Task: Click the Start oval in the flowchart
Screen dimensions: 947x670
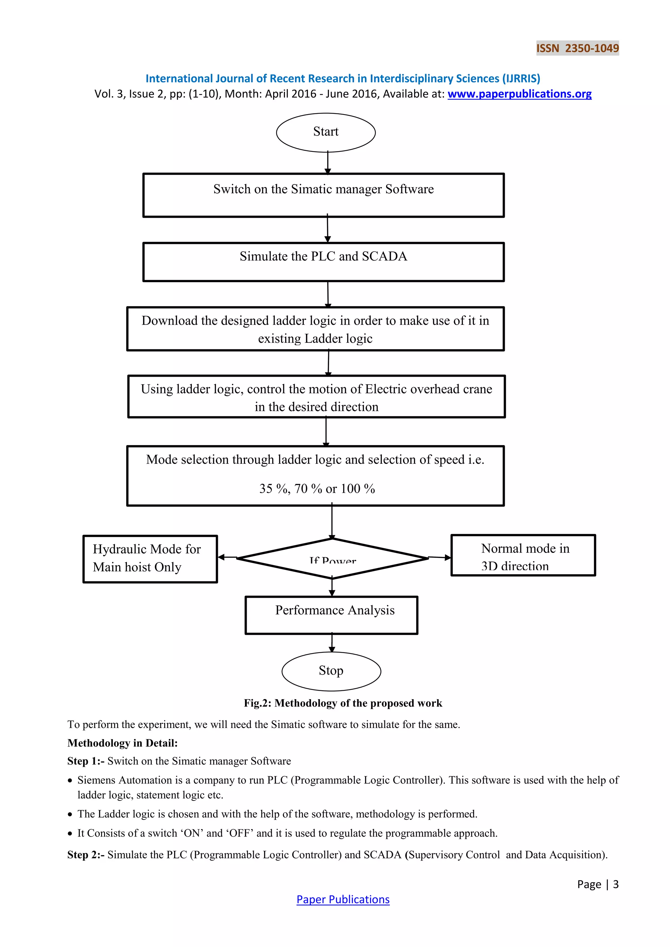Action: pos(326,132)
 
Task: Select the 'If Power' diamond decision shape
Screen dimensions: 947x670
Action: pos(332,559)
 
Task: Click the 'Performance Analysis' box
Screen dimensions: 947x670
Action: pos(331,615)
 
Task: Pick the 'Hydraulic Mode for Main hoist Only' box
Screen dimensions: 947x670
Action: pos(150,559)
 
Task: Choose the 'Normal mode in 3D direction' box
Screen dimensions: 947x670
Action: pos(523,555)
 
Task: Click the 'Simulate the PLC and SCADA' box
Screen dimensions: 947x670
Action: pos(324,262)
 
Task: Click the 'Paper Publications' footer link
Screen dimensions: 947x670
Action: pos(343,899)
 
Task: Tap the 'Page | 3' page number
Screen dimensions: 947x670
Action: pos(597,884)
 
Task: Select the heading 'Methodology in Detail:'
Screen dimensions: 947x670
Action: pos(123,743)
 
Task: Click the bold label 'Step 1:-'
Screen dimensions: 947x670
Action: pos(86,761)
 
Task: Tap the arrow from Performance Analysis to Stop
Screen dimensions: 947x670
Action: pos(332,643)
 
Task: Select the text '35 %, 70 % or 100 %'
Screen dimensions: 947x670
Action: pos(317,489)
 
